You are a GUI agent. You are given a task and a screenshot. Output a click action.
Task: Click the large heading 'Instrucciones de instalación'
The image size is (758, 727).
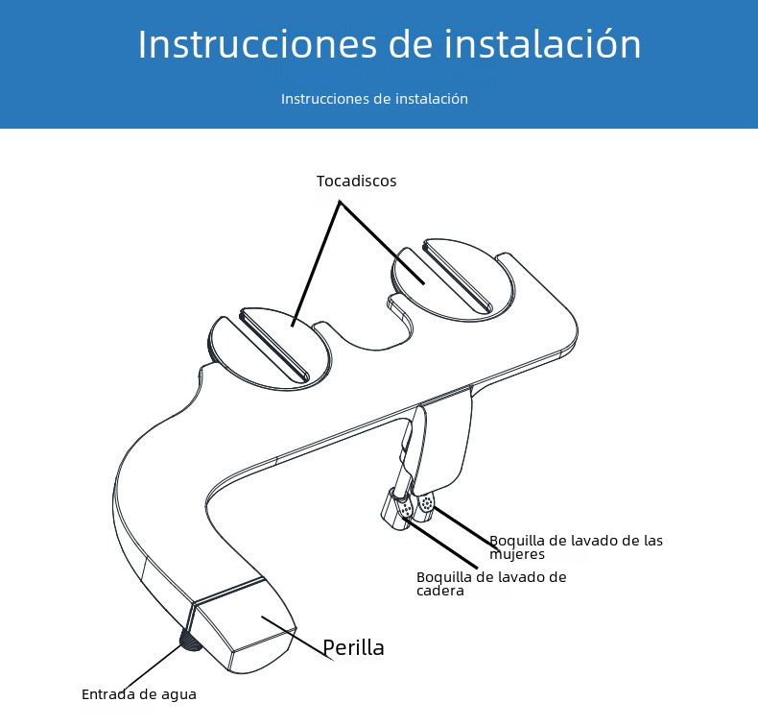389,45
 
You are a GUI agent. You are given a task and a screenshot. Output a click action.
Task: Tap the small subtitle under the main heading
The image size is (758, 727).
374,99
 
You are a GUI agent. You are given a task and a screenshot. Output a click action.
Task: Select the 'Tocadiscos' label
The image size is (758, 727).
356,181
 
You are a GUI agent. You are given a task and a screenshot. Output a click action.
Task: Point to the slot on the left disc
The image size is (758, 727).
274,344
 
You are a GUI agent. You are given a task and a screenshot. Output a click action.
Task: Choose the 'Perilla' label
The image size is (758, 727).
353,647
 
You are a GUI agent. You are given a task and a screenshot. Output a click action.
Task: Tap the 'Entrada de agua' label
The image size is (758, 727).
139,693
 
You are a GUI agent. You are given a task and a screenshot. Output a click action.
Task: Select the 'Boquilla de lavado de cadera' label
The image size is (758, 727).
490,583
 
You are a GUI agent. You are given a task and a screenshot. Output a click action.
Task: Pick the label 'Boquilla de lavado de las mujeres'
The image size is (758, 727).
575,546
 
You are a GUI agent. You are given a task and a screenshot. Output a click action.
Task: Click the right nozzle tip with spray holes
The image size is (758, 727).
426,503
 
